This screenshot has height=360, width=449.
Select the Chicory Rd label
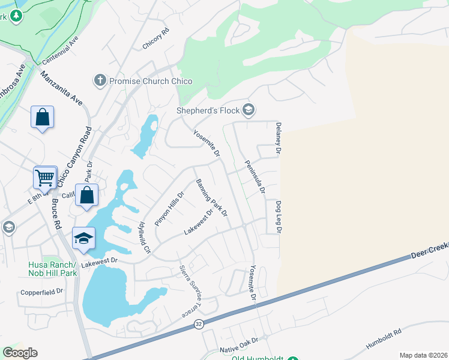tap(156, 39)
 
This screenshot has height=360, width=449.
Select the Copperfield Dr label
tap(41, 292)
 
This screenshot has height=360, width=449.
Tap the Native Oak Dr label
tap(238, 340)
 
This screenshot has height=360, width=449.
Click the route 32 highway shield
tap(198, 324)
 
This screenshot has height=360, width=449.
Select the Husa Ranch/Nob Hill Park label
tap(52, 269)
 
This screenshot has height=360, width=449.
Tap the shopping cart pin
tap(45, 178)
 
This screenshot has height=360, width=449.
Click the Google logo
tap(20, 353)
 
